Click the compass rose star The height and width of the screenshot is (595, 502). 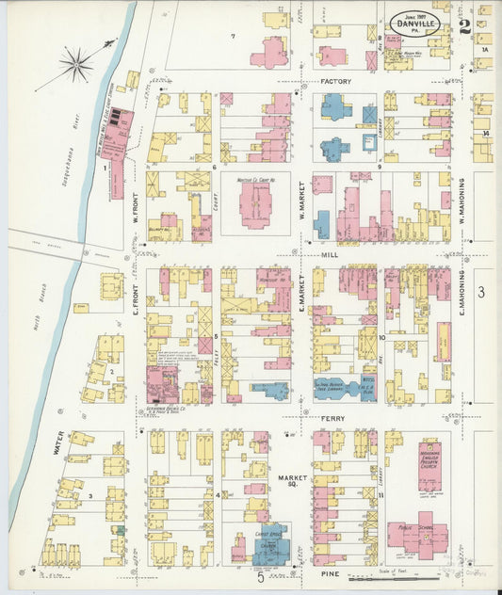coord(76,66)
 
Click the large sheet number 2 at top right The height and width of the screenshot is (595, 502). coord(465,25)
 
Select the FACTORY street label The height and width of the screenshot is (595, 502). coord(335,82)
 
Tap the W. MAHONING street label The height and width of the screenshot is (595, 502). coord(463,201)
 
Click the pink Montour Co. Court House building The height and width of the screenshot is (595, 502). coord(254,202)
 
